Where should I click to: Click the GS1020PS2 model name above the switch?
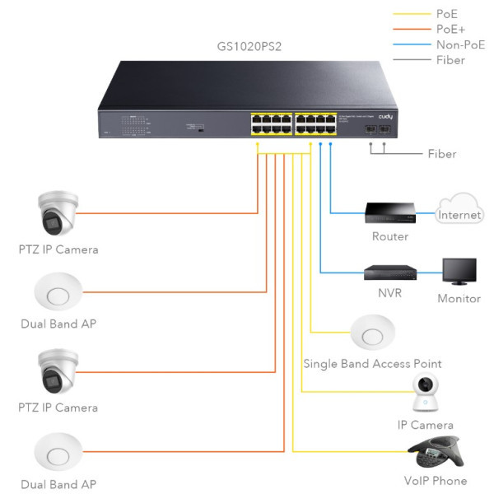[246, 47]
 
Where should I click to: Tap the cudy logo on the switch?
[384, 117]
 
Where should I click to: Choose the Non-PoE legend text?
[460, 44]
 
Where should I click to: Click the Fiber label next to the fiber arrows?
[441, 154]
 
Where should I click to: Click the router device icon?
[389, 213]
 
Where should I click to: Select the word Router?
[389, 237]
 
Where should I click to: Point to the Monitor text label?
[459, 299]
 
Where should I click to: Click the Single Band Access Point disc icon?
[373, 334]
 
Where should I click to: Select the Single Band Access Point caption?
[372, 364]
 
